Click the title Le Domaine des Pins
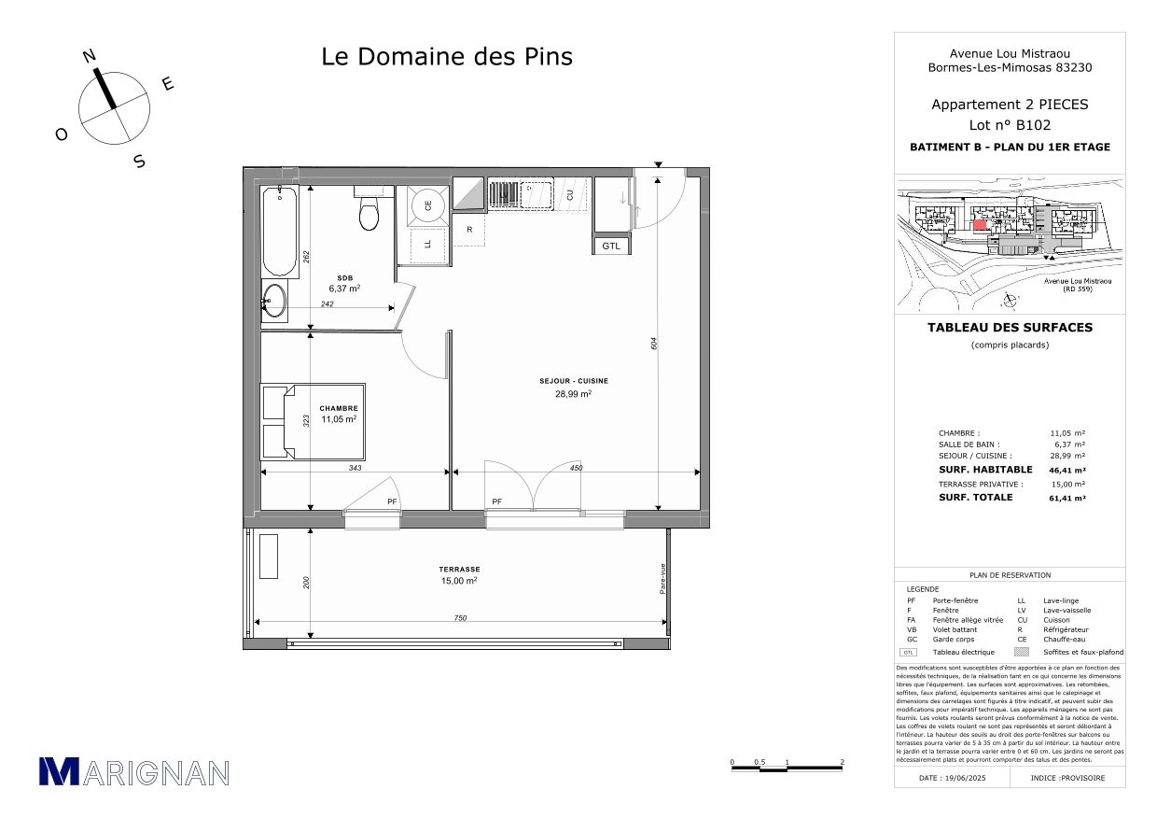(447, 56)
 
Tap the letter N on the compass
(90, 56)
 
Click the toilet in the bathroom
(369, 213)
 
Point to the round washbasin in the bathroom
(274, 300)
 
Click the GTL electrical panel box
(610, 246)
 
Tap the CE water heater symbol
(428, 205)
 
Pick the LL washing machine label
(428, 244)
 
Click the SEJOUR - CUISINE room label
(574, 381)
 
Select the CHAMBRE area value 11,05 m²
(339, 420)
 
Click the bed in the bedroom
(312, 421)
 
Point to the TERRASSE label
(460, 569)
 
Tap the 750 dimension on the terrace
(460, 617)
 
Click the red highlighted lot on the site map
(979, 224)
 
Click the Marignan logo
(133, 771)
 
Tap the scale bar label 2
(843, 762)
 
